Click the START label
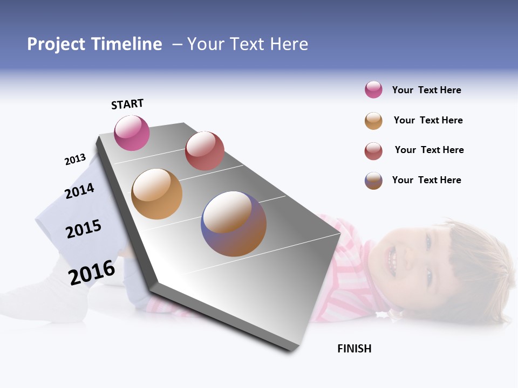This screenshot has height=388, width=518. click(x=127, y=104)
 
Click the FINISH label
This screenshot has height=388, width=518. click(x=355, y=349)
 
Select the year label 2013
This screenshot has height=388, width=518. click(x=75, y=160)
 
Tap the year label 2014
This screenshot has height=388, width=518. click(x=79, y=191)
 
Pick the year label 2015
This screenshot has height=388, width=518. click(x=84, y=229)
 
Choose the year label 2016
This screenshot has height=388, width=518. click(x=92, y=272)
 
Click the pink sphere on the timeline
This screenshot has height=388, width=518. click(x=132, y=133)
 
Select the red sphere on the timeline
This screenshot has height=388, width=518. click(x=205, y=151)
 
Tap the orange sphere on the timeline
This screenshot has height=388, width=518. click(x=157, y=194)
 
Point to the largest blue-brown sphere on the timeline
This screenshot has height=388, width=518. click(x=234, y=224)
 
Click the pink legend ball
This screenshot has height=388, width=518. click(x=373, y=90)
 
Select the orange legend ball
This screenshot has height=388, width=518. click(x=373, y=121)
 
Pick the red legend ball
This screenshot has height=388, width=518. click(x=373, y=151)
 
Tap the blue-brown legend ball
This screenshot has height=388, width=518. click(x=373, y=181)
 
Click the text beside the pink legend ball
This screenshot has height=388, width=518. click(x=426, y=90)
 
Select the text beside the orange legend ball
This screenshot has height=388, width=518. click(x=428, y=120)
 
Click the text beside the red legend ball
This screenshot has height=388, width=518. click(x=429, y=150)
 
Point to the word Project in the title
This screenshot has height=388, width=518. click(x=56, y=44)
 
